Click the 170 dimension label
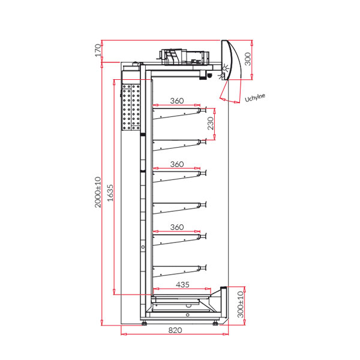click(x=98, y=50)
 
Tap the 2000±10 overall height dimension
click(x=98, y=192)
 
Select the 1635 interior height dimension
click(x=110, y=193)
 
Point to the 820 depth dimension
click(x=175, y=330)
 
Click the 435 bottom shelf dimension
click(x=182, y=284)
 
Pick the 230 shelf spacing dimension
click(x=211, y=123)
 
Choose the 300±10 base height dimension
click(x=240, y=304)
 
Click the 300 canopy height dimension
click(x=248, y=59)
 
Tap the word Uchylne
click(x=255, y=98)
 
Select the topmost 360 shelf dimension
click(x=177, y=101)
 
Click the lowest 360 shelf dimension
click(x=177, y=227)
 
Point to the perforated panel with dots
click(x=131, y=107)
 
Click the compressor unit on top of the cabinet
click(x=184, y=57)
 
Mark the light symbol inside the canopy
click(x=225, y=68)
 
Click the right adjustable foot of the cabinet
click(x=215, y=323)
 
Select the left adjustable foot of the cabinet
click(x=145, y=323)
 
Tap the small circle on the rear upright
click(x=143, y=247)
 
